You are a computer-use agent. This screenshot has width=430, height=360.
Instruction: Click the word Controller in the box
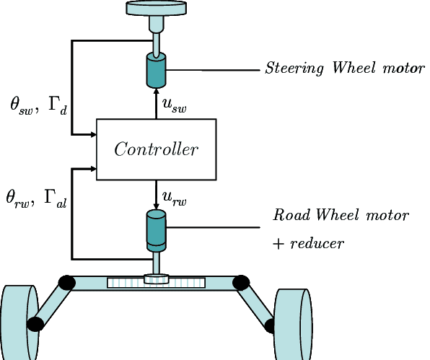coord(156,149)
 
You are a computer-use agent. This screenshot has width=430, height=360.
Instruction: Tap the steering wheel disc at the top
coord(157,8)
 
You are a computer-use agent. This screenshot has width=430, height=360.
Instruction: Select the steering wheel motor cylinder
coord(157,70)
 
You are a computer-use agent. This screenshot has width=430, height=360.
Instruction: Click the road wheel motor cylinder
coord(157,231)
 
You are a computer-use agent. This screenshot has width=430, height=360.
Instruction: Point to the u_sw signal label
coord(174,105)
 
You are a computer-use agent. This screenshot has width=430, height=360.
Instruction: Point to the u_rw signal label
coord(174,198)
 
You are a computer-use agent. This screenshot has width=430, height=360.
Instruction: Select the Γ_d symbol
coord(58,105)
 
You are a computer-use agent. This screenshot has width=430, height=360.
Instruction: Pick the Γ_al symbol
coord(55,199)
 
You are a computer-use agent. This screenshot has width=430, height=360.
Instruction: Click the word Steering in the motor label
coord(294,69)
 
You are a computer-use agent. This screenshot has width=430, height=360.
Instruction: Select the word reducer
coord(317,243)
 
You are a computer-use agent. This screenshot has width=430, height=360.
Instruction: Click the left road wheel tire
coord(19,322)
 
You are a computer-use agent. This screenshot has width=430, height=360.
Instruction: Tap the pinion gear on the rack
coord(157,278)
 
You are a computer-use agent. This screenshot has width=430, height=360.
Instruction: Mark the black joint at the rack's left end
coord(67,283)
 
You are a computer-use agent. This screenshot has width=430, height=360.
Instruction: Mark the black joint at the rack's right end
coord(241,283)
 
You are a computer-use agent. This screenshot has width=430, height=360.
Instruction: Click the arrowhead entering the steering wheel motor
coord(157,92)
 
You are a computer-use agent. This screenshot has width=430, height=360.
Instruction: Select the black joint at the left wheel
coord(35,324)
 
